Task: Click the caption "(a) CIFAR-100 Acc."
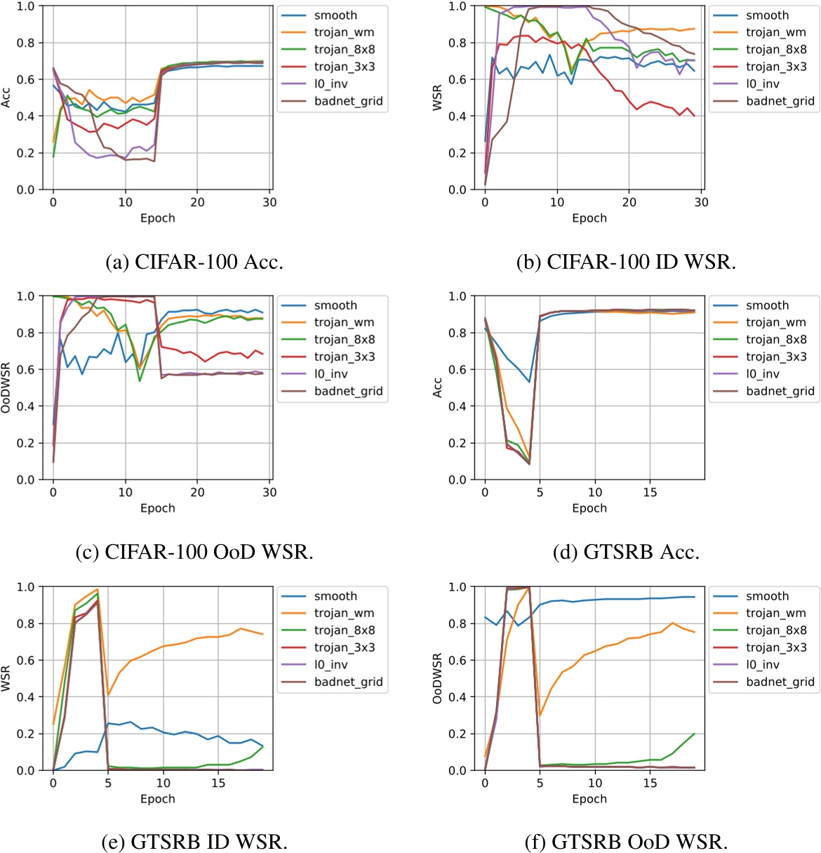click(x=194, y=262)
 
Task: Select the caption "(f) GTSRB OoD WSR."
click(x=626, y=841)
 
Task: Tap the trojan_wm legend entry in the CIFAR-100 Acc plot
click(x=344, y=32)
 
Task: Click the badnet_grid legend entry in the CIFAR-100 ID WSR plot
click(x=780, y=101)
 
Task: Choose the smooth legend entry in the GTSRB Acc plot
click(x=767, y=305)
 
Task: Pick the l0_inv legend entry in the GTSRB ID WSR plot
click(x=331, y=664)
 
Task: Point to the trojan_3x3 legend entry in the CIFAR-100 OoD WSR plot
click(x=344, y=357)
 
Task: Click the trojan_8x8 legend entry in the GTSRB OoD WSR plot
click(x=776, y=630)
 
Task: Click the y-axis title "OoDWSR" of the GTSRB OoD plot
click(x=437, y=678)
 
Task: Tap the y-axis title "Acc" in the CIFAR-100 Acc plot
click(x=6, y=98)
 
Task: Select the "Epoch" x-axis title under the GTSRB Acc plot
click(x=589, y=508)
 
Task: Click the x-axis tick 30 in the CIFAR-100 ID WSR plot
click(x=701, y=202)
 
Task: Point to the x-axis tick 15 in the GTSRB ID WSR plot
click(x=218, y=783)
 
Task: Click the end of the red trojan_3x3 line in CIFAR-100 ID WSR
click(x=695, y=116)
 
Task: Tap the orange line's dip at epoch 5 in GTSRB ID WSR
click(x=108, y=696)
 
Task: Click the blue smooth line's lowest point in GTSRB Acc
click(x=529, y=382)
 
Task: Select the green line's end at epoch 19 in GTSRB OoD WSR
click(x=695, y=734)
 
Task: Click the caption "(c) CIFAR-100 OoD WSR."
click(x=194, y=552)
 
